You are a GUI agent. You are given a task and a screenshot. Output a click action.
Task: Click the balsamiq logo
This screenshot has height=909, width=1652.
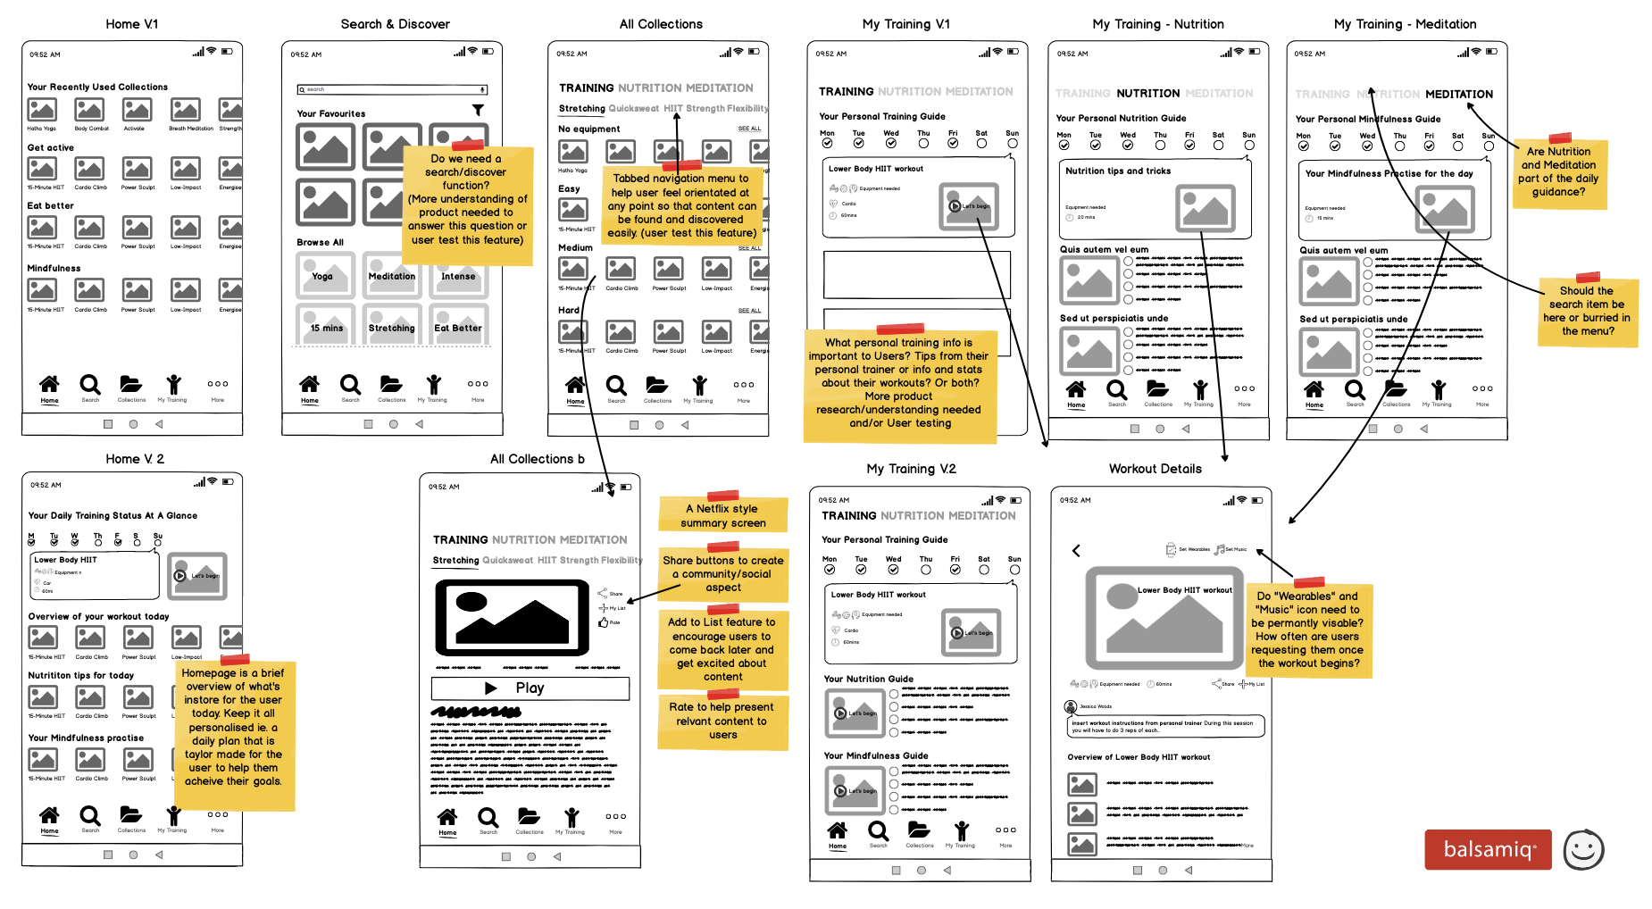1488,849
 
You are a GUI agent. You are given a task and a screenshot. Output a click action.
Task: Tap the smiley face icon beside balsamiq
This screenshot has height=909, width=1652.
1583,849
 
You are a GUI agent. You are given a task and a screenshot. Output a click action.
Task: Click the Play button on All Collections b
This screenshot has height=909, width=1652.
530,688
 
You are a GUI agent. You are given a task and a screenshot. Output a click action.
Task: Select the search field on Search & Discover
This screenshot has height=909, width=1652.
392,89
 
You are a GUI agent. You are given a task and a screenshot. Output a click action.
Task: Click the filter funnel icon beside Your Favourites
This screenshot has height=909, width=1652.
478,110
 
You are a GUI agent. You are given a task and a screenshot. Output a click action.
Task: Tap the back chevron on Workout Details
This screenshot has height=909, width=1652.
1076,550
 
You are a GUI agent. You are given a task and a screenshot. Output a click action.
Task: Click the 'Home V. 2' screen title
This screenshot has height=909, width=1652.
135,459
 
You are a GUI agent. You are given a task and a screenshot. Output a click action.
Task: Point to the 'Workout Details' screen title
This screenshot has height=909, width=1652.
1155,469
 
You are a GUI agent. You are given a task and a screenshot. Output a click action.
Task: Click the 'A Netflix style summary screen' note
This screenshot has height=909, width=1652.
723,515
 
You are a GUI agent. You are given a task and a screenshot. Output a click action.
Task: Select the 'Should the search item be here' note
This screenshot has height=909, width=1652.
1587,312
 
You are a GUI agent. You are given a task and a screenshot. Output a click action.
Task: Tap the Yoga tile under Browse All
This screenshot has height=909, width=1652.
325,275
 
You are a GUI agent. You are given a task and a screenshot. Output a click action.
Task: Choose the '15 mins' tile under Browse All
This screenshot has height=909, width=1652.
326,326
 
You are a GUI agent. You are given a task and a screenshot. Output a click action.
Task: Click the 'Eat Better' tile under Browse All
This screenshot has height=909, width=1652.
457,326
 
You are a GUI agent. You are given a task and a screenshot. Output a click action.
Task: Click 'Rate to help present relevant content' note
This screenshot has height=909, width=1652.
722,721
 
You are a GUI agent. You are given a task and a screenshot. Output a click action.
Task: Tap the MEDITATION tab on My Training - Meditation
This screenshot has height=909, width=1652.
1458,94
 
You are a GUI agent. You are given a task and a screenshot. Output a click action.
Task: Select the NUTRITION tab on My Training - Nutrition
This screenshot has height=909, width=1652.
1147,93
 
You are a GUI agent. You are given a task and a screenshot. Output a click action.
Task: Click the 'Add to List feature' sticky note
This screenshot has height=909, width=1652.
722,649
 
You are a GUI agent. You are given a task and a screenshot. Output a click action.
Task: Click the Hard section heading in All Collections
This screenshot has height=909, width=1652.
569,311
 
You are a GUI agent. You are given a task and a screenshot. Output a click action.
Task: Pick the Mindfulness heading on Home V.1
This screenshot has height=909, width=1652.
54,268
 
